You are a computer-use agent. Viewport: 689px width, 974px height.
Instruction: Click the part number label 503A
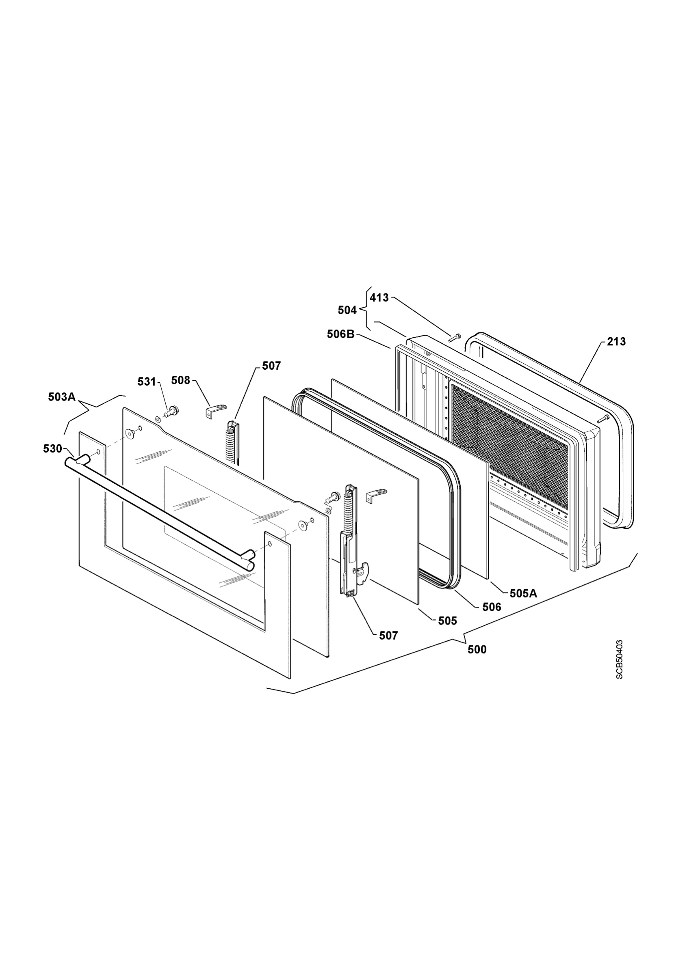(62, 397)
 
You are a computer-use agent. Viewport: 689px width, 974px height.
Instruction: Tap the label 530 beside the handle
(53, 449)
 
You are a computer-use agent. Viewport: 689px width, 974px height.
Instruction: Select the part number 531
(147, 382)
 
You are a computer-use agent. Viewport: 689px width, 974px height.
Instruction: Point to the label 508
(181, 380)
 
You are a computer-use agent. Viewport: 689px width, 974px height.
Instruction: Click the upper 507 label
(271, 366)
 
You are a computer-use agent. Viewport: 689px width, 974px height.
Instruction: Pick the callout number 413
(379, 298)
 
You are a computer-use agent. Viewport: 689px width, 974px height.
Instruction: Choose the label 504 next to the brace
(347, 310)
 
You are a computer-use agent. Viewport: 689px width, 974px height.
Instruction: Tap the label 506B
(341, 334)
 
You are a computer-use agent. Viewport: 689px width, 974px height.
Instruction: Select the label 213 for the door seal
(616, 341)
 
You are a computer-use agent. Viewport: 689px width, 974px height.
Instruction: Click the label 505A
(523, 593)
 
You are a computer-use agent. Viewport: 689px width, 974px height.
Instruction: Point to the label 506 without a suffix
(492, 607)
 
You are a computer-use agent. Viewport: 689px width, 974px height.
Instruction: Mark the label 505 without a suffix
(448, 621)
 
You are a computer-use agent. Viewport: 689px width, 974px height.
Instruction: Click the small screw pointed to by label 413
(455, 337)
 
